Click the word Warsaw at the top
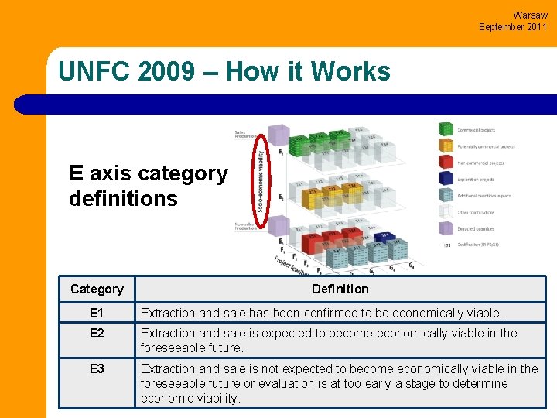click(530, 15)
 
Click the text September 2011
click(512, 26)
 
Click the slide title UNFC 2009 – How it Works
click(224, 72)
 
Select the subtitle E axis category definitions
click(149, 186)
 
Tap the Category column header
click(97, 289)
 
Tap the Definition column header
click(340, 289)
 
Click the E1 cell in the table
click(97, 313)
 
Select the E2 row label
click(97, 334)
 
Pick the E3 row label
click(97, 369)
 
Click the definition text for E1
click(321, 313)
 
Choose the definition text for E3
click(339, 383)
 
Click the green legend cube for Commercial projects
click(446, 129)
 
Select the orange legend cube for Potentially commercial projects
click(446, 146)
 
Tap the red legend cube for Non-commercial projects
click(446, 162)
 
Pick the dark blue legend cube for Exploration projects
click(446, 179)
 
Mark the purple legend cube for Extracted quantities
click(446, 228)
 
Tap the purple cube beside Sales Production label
click(278, 135)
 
